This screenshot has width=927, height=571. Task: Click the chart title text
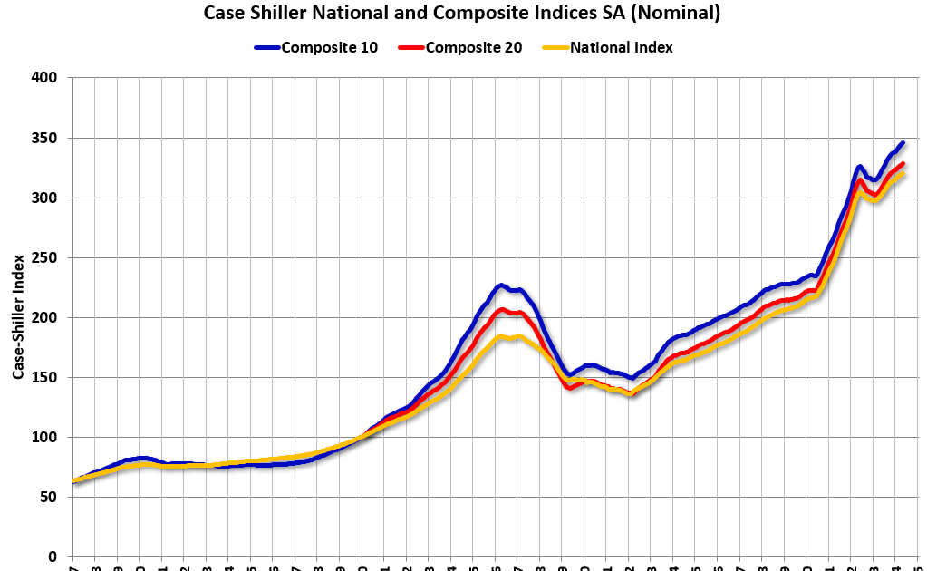pyautogui.click(x=462, y=13)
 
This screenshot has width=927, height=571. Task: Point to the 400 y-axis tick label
pyautogui.click(x=45, y=78)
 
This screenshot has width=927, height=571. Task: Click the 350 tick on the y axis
pyautogui.click(x=45, y=138)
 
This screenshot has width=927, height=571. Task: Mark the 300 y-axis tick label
pyautogui.click(x=45, y=198)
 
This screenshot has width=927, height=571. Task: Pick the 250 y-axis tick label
pyautogui.click(x=45, y=257)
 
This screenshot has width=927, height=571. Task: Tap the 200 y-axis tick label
pyautogui.click(x=45, y=317)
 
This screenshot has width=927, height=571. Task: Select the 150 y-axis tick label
pyautogui.click(x=45, y=377)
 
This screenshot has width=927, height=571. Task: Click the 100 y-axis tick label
pyautogui.click(x=45, y=437)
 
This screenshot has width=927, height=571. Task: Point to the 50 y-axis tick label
pyautogui.click(x=49, y=497)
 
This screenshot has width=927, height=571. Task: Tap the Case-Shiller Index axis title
pyautogui.click(x=17, y=317)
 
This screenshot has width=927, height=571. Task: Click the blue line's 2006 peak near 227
pyautogui.click(x=501, y=285)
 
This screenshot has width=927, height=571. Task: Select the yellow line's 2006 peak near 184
pyautogui.click(x=501, y=337)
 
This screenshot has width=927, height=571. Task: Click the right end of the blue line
pyautogui.click(x=902, y=143)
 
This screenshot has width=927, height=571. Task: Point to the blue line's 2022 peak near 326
pyautogui.click(x=859, y=167)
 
